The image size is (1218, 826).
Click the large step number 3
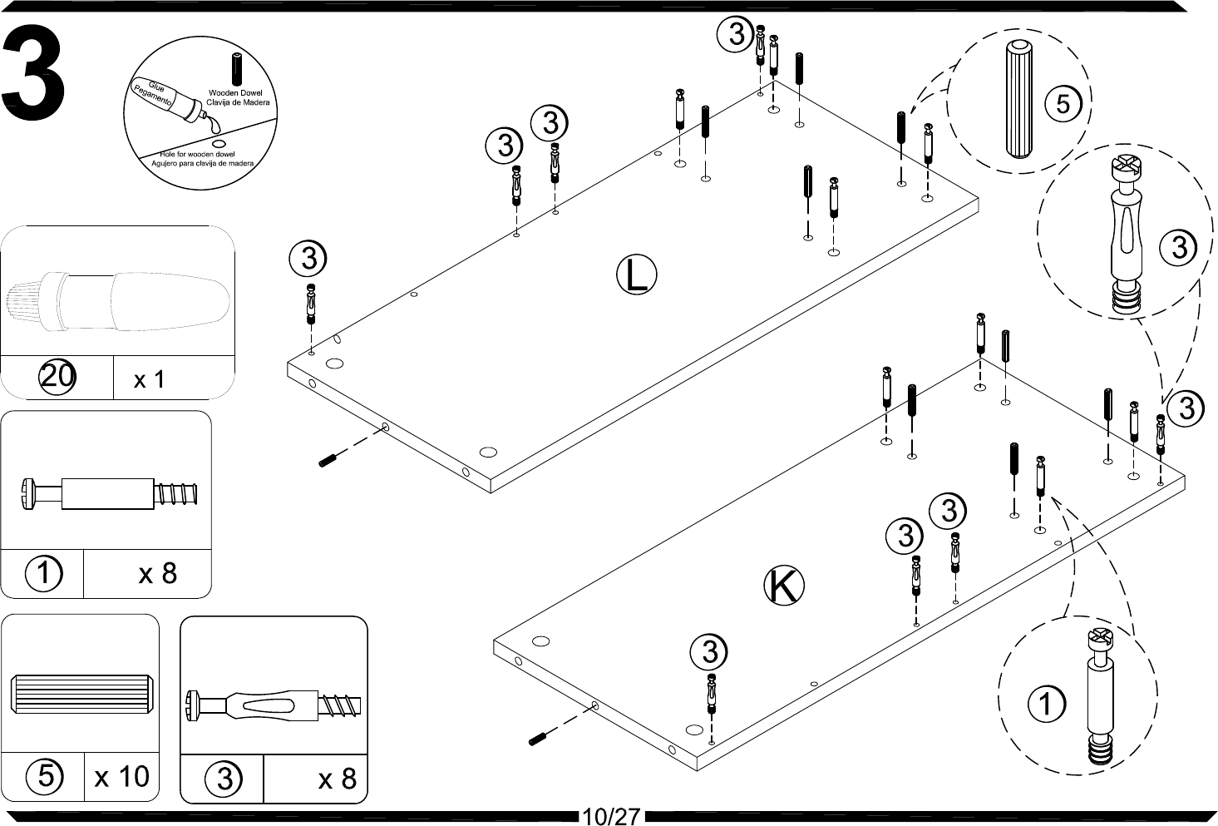pos(35,73)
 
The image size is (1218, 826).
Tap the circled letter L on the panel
pos(636,275)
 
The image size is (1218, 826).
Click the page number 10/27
pos(611,816)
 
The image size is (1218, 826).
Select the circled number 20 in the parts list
pos(57,378)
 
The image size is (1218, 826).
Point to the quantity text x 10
pos(121,777)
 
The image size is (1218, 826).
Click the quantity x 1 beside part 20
pos(150,379)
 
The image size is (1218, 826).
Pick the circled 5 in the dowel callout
pos(1063,103)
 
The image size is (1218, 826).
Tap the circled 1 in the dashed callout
pos(1046,705)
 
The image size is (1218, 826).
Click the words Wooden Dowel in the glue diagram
pos(236,93)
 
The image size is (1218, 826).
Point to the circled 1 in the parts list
pos(43,573)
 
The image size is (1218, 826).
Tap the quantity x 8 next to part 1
pos(158,573)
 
